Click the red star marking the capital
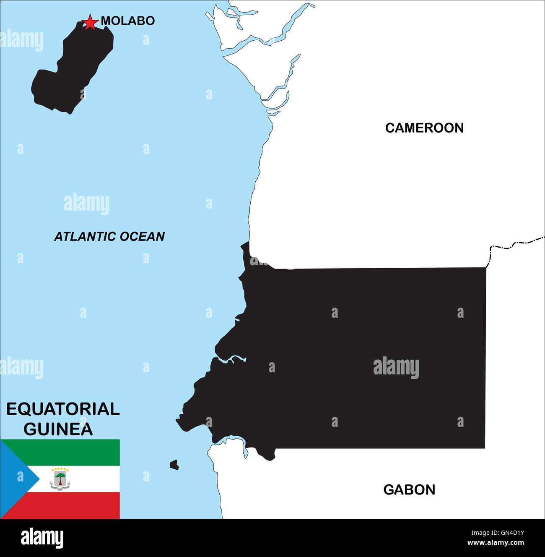pos(90,22)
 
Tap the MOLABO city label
pos(128,21)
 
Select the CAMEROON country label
pos(424,128)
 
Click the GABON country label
pos(409,489)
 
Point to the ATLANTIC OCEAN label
pos(109,236)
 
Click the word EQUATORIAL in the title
pos(63,409)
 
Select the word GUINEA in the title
pos(58,429)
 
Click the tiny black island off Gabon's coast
pos(174,465)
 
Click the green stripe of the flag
pos(75,452)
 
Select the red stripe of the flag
pos(75,506)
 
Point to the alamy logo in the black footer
pos(42,539)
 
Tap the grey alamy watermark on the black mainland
pos(396,367)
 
